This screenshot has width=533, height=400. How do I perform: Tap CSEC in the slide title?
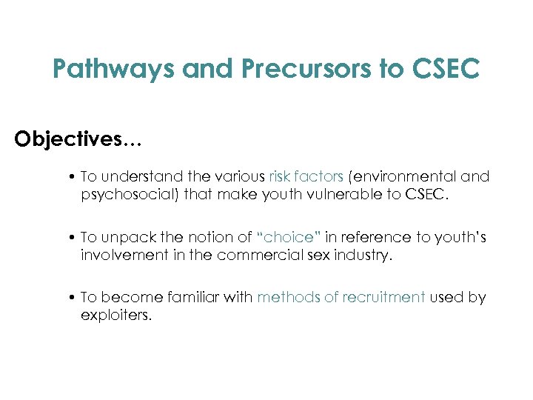[x=442, y=70]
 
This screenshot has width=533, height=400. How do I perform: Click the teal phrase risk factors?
[x=306, y=177]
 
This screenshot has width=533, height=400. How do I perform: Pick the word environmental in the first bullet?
[x=411, y=177]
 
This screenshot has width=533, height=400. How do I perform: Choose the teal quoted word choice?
[x=288, y=237]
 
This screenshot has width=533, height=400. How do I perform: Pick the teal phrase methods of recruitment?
[x=341, y=297]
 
